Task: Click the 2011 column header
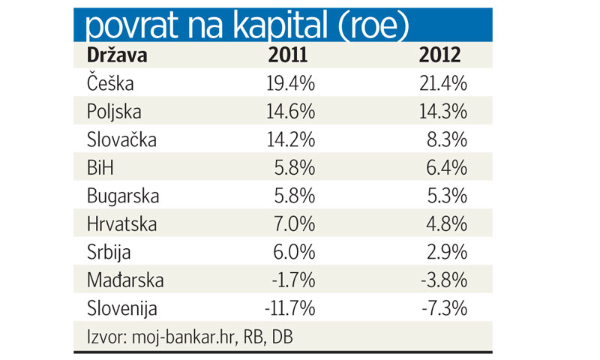[289, 55]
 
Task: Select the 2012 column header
[441, 55]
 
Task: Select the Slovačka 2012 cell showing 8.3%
[448, 139]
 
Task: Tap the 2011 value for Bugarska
[295, 196]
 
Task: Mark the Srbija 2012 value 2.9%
[448, 253]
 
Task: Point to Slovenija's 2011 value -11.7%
[288, 309]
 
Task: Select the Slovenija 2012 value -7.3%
[445, 309]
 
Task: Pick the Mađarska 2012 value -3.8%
[445, 281]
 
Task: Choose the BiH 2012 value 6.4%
[448, 168]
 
